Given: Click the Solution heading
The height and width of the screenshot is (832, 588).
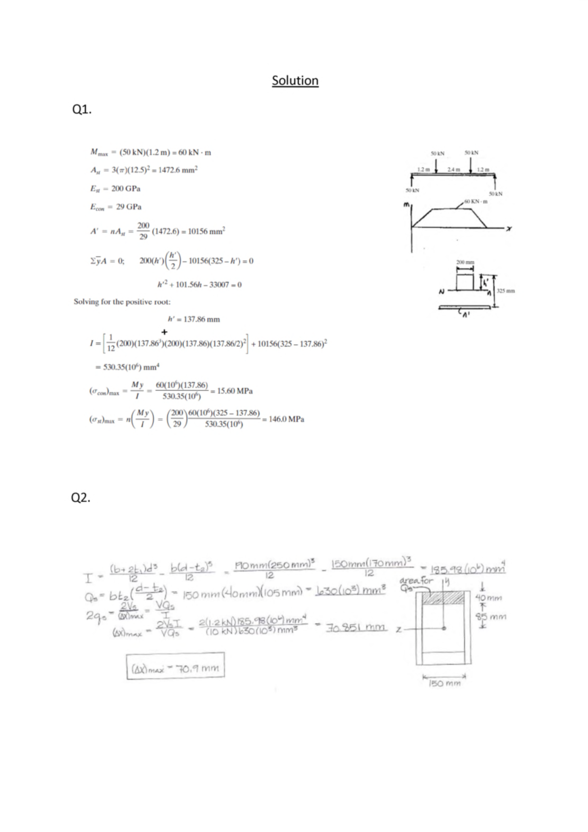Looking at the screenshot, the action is click(295, 80).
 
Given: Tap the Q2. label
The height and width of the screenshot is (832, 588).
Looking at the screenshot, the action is click(81, 498).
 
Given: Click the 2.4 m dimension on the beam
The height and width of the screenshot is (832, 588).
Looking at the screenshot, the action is click(454, 170).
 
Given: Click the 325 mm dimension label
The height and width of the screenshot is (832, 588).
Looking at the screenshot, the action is click(506, 291).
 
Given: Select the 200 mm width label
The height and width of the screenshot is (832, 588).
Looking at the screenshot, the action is click(465, 263).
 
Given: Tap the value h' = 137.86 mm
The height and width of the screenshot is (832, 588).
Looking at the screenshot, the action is click(194, 319).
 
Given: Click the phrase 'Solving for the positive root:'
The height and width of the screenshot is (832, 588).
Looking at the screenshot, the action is click(122, 302).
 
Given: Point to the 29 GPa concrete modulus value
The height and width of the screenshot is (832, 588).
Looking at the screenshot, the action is click(128, 207).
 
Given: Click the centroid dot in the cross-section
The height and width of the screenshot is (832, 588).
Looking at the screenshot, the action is click(443, 629).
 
